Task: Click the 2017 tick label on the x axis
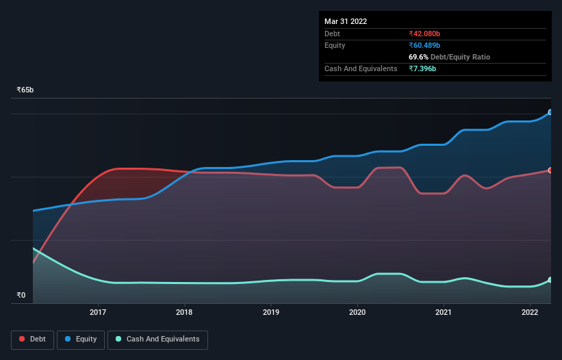pyautogui.click(x=98, y=313)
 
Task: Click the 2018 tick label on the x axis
pyautogui.click(x=184, y=313)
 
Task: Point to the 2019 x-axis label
pyautogui.click(x=271, y=313)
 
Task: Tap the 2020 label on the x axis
pyautogui.click(x=357, y=313)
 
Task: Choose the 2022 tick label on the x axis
pyautogui.click(x=530, y=313)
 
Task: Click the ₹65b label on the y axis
pyautogui.click(x=25, y=90)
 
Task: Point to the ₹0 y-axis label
pyautogui.click(x=21, y=296)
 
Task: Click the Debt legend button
pyautogui.click(x=34, y=339)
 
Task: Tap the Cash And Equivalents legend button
pyautogui.click(x=157, y=339)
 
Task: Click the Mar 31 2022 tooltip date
pyautogui.click(x=346, y=21)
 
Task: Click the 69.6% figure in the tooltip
pyautogui.click(x=418, y=57)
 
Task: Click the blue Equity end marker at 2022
pyautogui.click(x=550, y=112)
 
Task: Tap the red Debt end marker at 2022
pyautogui.click(x=550, y=170)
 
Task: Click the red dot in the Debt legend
pyautogui.click(x=23, y=339)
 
